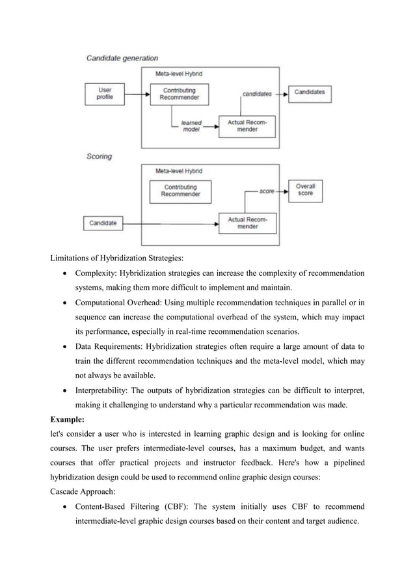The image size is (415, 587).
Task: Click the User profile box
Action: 104,93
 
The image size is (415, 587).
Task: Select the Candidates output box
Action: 309,92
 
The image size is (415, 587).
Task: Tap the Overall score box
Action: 305,189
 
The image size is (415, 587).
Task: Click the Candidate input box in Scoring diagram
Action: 103,223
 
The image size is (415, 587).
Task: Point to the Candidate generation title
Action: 122,59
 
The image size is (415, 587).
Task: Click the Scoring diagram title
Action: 100,156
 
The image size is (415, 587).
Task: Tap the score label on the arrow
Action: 267,191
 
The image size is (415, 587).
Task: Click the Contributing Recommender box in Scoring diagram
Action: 181,191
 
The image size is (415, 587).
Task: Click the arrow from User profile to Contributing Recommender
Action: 136,94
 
